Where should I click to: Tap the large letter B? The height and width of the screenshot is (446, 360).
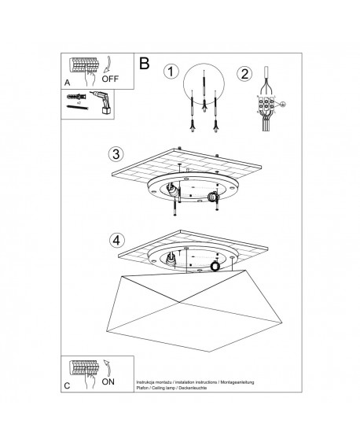pos(143,63)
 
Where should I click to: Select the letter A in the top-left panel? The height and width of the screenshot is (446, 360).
pos(67,80)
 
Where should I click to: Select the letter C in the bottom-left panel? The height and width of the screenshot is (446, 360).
pos(68,385)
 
